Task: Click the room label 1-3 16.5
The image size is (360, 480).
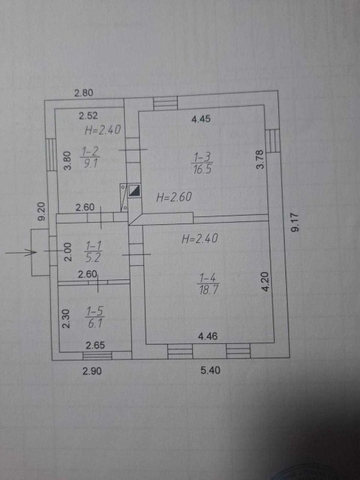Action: [x=202, y=164]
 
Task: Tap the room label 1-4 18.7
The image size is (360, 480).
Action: [x=209, y=284]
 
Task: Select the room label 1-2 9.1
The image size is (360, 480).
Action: [x=90, y=158]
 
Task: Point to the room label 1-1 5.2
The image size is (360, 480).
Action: [x=93, y=251]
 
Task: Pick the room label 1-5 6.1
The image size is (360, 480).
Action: [x=95, y=318]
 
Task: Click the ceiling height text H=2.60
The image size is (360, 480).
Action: [x=174, y=197]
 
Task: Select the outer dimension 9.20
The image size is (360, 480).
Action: [x=42, y=211]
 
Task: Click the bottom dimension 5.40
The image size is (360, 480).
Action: [x=211, y=370]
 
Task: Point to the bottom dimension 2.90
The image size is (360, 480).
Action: [x=93, y=371]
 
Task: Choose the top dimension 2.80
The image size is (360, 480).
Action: [x=84, y=92]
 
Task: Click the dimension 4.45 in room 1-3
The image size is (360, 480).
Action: [x=201, y=119]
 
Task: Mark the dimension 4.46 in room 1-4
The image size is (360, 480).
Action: [x=208, y=337]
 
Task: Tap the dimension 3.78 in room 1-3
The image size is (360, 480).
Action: [x=260, y=160]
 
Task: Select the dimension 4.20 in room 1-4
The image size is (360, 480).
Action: [x=265, y=282]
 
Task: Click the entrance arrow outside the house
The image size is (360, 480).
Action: [x=21, y=253]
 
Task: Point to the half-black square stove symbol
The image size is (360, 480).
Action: [x=135, y=191]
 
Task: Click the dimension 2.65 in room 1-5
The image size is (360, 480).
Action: [x=95, y=345]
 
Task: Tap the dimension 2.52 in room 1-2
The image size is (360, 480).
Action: [x=88, y=116]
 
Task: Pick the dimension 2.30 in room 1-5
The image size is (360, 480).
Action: [x=66, y=318]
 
